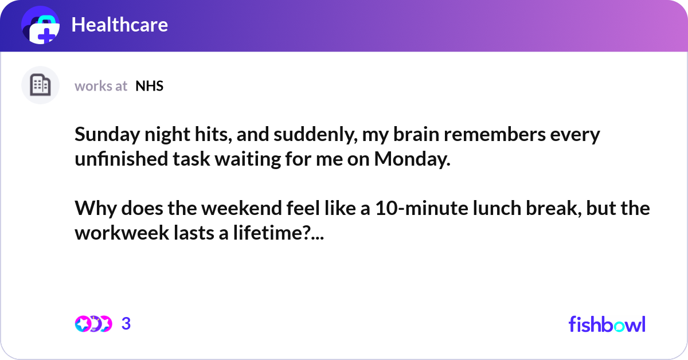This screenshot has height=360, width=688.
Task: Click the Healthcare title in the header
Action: (119, 25)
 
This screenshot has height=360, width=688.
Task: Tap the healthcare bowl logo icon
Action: (41, 26)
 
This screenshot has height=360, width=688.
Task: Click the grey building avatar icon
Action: (40, 85)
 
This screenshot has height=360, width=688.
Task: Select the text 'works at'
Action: (101, 86)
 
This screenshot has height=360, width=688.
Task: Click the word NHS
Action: (150, 86)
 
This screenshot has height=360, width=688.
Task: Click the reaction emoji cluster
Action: (93, 324)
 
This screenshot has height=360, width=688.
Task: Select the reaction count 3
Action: (126, 324)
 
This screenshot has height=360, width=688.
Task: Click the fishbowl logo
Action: (607, 324)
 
